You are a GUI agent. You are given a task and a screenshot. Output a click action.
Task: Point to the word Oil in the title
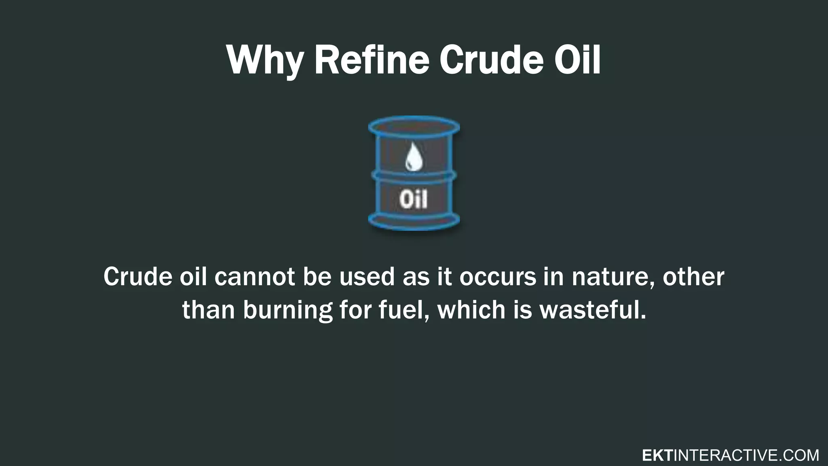click(577, 60)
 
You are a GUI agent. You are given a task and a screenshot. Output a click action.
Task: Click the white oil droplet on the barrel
click(413, 157)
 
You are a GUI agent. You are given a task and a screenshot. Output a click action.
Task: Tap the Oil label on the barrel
click(413, 199)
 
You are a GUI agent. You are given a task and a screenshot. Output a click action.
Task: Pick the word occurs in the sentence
click(497, 277)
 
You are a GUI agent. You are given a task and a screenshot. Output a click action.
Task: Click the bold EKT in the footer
click(657, 455)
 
